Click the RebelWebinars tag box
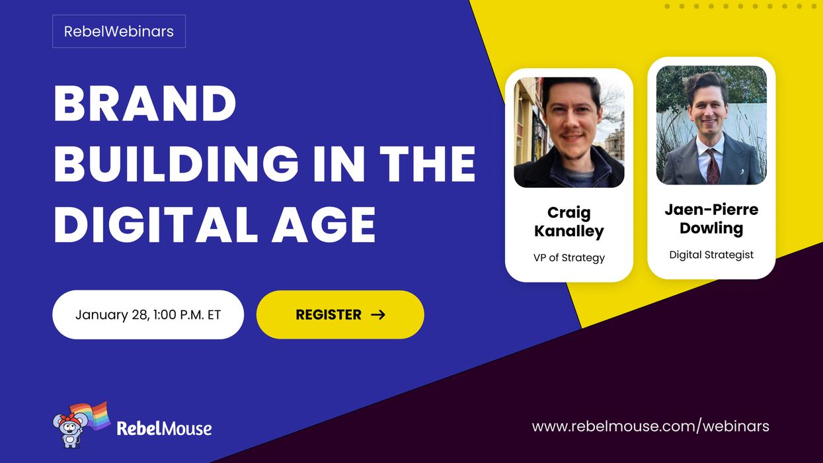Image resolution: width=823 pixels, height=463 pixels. (119, 31)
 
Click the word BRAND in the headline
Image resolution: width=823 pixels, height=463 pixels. (145, 105)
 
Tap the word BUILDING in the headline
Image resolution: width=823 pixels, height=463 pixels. (176, 165)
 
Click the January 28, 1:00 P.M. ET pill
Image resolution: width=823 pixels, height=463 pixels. (148, 315)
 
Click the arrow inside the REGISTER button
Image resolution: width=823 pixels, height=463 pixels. (378, 315)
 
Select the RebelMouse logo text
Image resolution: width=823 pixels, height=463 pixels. (164, 429)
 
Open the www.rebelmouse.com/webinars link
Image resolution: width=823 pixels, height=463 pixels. (650, 426)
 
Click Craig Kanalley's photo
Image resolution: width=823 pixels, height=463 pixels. (569, 132)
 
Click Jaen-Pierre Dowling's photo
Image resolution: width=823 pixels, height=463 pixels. (711, 125)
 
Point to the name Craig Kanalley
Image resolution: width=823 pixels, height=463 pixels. (569, 222)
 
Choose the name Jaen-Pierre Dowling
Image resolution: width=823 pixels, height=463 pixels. (711, 219)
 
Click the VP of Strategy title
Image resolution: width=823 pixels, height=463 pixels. (569, 257)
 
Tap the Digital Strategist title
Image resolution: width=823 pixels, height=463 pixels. (711, 255)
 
